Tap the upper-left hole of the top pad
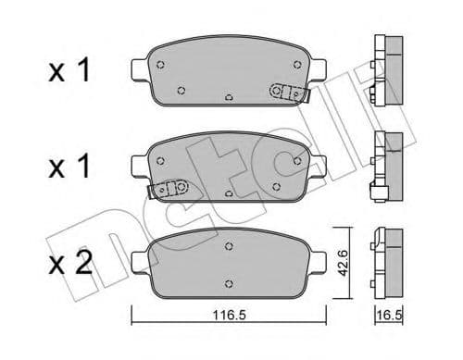coord(161,65)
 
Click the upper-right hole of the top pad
coord(296,65)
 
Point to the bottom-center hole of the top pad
coord(229,95)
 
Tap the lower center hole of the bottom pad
coord(229,280)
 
